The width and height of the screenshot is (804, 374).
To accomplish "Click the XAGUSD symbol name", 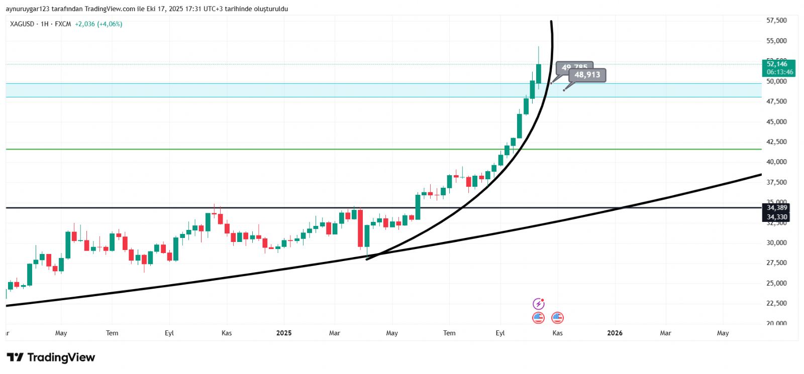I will point(22,24).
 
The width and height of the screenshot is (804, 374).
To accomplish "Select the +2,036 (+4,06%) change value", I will point(98,24).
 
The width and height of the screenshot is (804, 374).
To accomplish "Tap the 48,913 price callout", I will point(587,75).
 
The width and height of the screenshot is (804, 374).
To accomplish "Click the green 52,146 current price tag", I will point(777,64).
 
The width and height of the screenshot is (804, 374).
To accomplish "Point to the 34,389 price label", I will point(777,207).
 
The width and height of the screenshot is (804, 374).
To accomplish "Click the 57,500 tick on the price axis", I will point(776,21).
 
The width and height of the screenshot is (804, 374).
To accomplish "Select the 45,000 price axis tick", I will point(776,121).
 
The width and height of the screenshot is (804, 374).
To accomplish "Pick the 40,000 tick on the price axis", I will point(776,162).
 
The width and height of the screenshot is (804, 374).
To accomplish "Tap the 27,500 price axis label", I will point(776,263).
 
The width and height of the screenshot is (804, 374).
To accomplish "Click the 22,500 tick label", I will point(776,303).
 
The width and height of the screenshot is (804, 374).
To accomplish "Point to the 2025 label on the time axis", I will point(284,333).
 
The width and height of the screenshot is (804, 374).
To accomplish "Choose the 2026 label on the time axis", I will point(615,333).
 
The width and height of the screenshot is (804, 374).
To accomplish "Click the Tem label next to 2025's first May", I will point(449,333).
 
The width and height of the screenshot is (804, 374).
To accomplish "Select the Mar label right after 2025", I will point(334,333).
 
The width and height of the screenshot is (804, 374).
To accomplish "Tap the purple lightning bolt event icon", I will point(538,304).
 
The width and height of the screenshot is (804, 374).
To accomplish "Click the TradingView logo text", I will point(61,357).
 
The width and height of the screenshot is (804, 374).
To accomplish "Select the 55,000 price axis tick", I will point(776,41).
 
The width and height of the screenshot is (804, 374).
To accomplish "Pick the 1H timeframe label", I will point(45,24).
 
